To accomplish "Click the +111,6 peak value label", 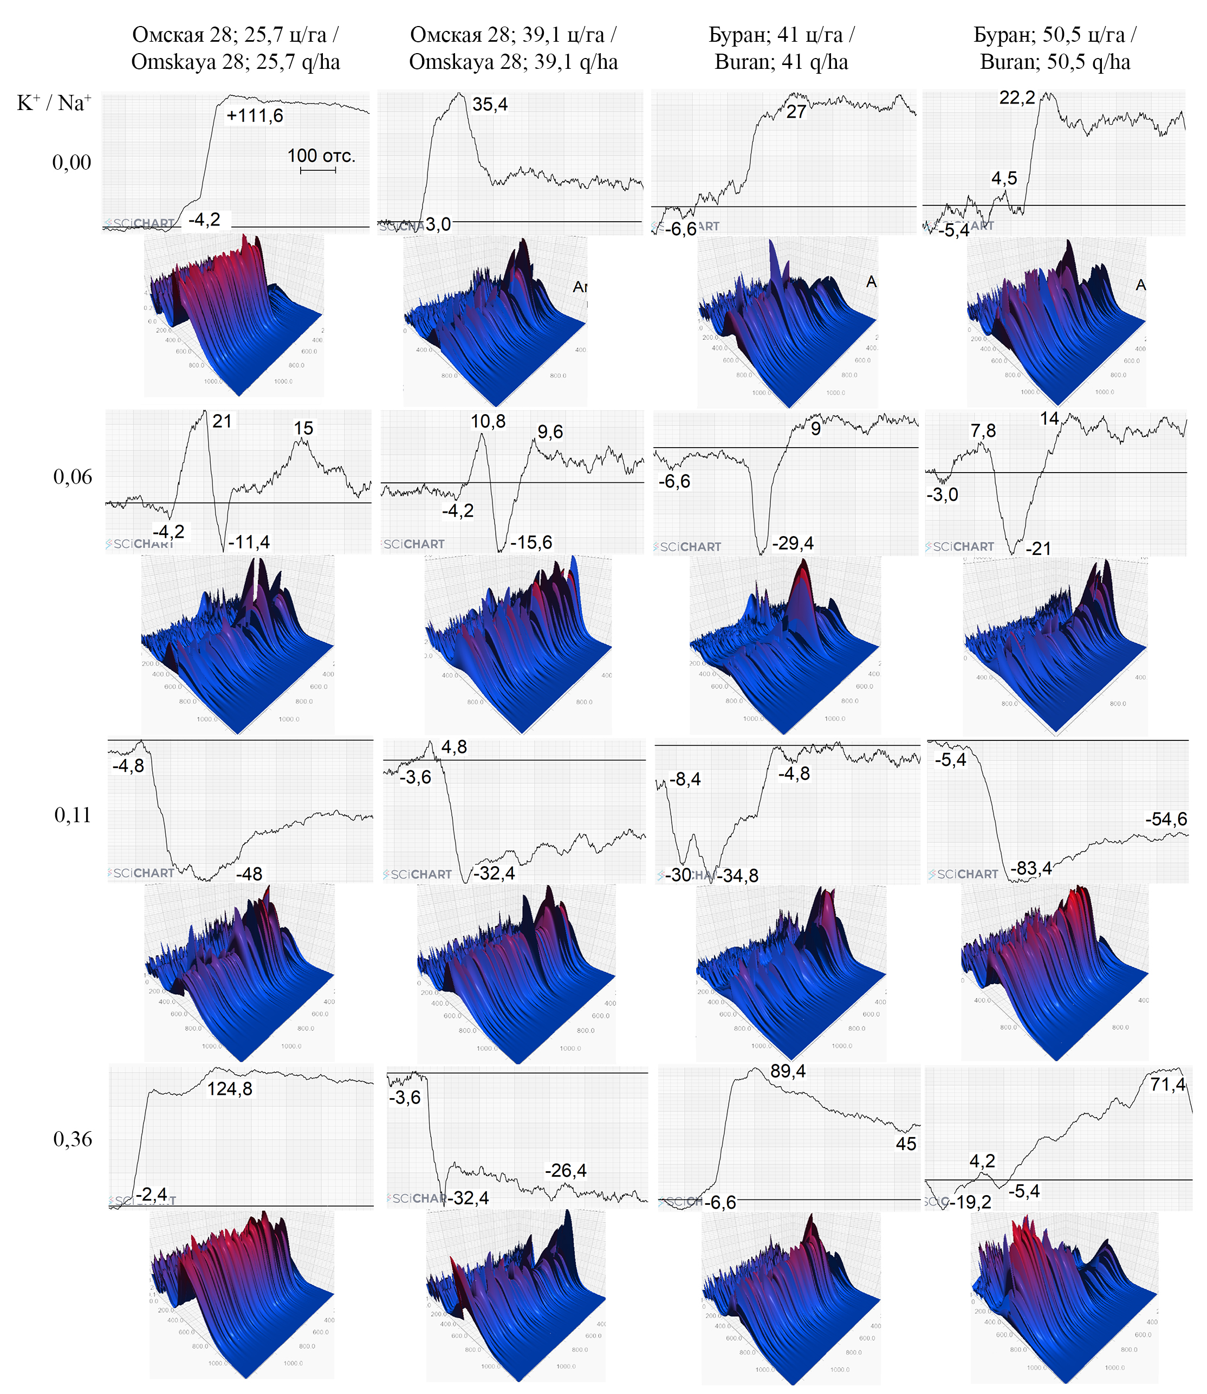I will pyautogui.click(x=255, y=116).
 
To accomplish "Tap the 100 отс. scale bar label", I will pyautogui.click(x=321, y=156).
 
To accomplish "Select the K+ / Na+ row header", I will pyautogui.click(x=54, y=103).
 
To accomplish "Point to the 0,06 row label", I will pyautogui.click(x=72, y=477).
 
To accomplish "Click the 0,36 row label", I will pyautogui.click(x=72, y=1139).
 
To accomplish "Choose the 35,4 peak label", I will pyautogui.click(x=490, y=105).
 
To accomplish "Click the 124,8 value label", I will pyautogui.click(x=230, y=1089).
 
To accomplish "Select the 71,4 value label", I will pyautogui.click(x=1167, y=1084).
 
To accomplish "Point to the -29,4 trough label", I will pyautogui.click(x=793, y=543).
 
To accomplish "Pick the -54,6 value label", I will pyautogui.click(x=1166, y=819).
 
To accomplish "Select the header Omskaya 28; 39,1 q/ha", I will pyautogui.click(x=513, y=62).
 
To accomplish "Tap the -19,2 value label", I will pyautogui.click(x=970, y=1202).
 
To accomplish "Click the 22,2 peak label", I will pyautogui.click(x=1016, y=98).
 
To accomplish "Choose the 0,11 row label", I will pyautogui.click(x=72, y=815).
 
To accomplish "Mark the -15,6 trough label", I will pyautogui.click(x=531, y=543).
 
